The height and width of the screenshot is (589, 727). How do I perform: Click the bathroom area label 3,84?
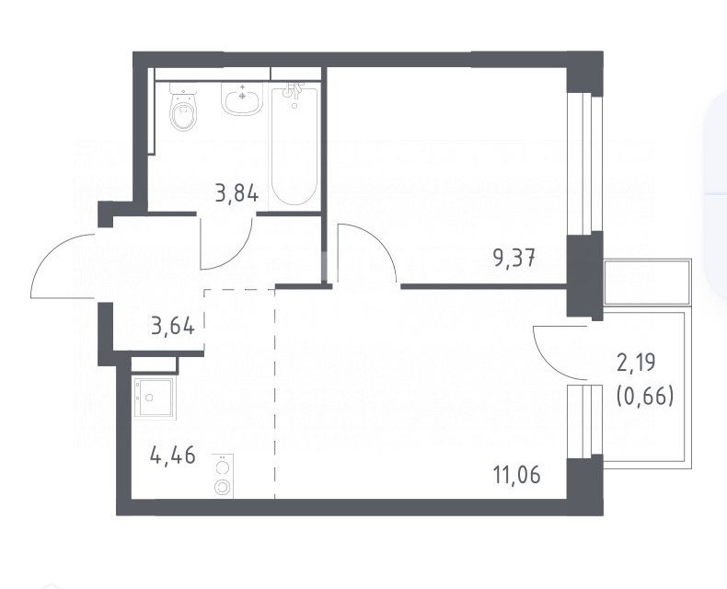click(237, 193)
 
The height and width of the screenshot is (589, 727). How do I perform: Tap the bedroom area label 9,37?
click(514, 258)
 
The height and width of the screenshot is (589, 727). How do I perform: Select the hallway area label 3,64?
click(173, 326)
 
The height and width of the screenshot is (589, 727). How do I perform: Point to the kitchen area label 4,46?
click(173, 456)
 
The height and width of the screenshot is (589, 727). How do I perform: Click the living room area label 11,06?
click(517, 476)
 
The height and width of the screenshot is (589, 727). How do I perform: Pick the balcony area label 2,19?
click(636, 363)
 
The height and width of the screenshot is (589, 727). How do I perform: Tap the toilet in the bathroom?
click(183, 108)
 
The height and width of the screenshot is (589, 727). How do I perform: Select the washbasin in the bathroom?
click(241, 98)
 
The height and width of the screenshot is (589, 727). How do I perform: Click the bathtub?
click(294, 144)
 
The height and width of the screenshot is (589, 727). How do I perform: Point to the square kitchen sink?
click(155, 398)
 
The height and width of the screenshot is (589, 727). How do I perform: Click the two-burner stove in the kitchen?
click(224, 476)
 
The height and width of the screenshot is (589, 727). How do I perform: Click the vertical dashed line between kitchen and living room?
click(275, 393)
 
